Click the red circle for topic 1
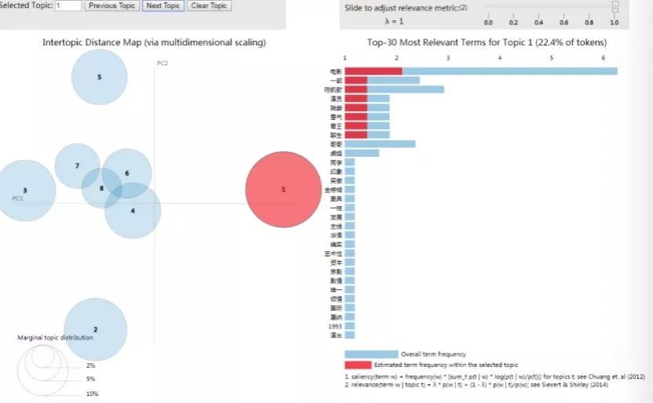click(283, 190)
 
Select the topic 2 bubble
click(95, 329)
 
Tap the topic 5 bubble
click(99, 77)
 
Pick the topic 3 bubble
click(25, 191)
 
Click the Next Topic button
click(162, 5)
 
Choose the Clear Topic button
click(209, 5)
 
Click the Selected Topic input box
click(68, 5)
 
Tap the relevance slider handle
click(615, 7)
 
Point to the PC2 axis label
click(163, 63)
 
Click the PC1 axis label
click(17, 198)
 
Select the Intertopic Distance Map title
click(154, 42)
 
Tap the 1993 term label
click(336, 325)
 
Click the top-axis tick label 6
click(603, 58)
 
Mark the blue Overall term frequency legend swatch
click(371, 354)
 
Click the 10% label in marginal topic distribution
click(93, 394)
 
